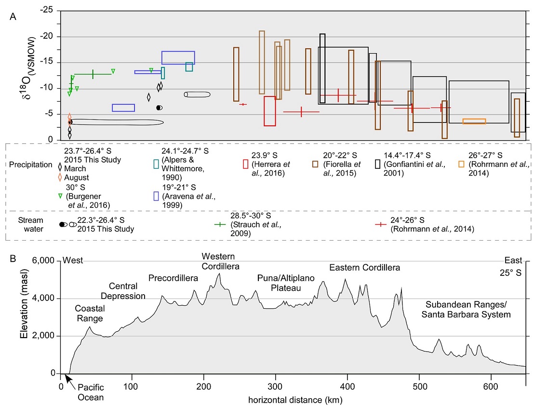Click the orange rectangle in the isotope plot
pos(474,122)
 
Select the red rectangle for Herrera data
pos(269,111)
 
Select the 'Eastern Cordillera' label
pos(364,267)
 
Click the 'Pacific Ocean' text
pos(91,393)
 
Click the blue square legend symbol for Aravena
pos(156,196)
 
